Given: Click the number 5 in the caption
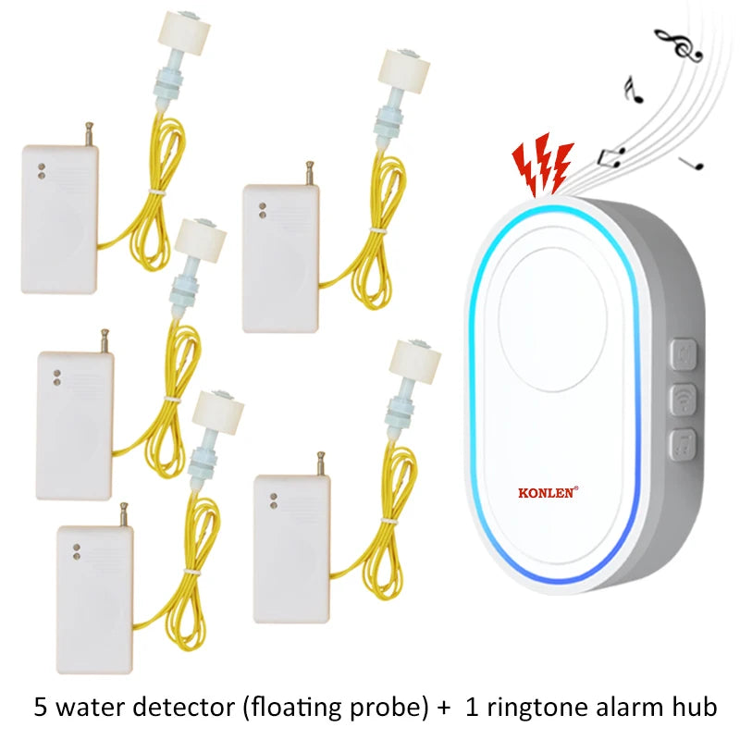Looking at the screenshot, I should coord(41,709).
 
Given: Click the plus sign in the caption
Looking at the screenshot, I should coord(444,709).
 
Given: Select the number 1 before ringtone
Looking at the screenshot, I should coord(472,709).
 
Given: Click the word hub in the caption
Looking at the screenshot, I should coord(693,709).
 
